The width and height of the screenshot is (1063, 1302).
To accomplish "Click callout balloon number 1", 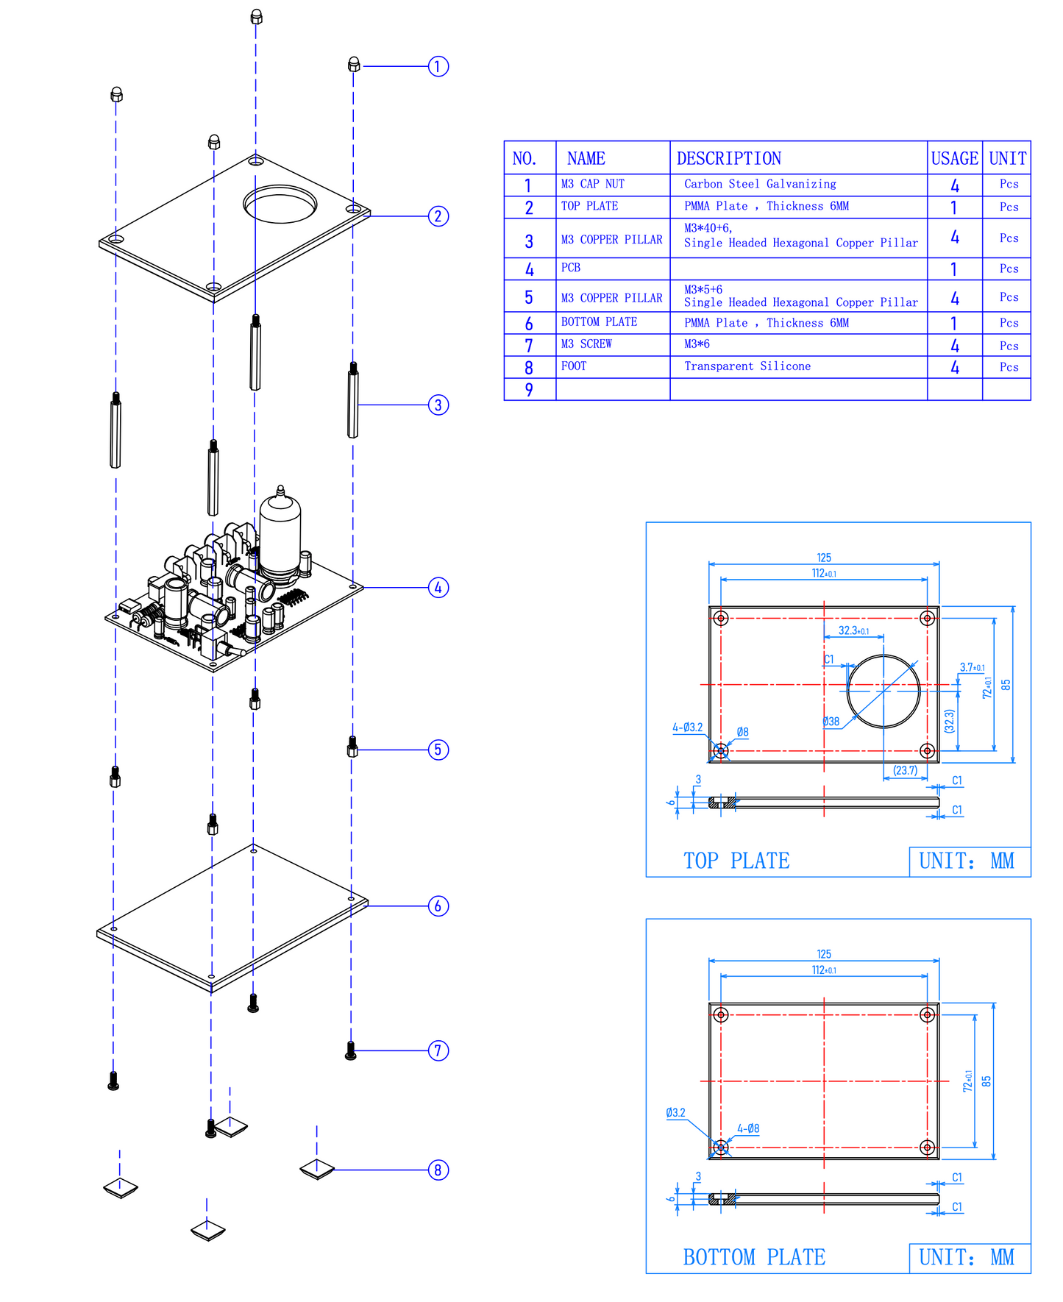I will pyautogui.click(x=438, y=66).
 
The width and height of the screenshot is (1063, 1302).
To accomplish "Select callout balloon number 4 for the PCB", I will pyautogui.click(x=438, y=588).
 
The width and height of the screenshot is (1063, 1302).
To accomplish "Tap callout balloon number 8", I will pyautogui.click(x=438, y=1170).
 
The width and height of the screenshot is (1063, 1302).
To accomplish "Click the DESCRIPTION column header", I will pyautogui.click(x=728, y=158).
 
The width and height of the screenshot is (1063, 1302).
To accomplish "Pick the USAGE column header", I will pyautogui.click(x=954, y=158).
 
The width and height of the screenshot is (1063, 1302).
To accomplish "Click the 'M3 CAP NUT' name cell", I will pyautogui.click(x=592, y=184).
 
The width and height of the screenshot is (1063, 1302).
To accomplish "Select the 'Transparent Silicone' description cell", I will pyautogui.click(x=747, y=366).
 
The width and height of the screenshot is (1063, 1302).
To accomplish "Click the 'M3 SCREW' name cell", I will pyautogui.click(x=586, y=344).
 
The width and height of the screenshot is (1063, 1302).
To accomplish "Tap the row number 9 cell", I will pyautogui.click(x=529, y=390).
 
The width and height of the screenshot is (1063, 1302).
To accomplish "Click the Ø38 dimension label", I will pyautogui.click(x=831, y=722).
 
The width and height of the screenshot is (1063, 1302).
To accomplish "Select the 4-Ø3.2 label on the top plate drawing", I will pyautogui.click(x=687, y=728).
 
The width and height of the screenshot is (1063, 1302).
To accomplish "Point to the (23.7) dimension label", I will pyautogui.click(x=906, y=770).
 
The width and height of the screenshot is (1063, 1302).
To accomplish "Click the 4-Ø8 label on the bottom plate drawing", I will pyautogui.click(x=748, y=1128).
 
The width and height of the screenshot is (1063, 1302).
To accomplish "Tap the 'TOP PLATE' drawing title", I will pyautogui.click(x=736, y=861).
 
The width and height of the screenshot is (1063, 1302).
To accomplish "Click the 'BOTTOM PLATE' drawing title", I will pyautogui.click(x=754, y=1257).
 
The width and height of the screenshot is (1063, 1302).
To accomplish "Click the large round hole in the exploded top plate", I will pyautogui.click(x=280, y=204).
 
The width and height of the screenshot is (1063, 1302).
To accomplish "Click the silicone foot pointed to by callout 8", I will pyautogui.click(x=317, y=1168).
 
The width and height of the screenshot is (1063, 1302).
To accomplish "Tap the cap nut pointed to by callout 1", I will pyautogui.click(x=354, y=65).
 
